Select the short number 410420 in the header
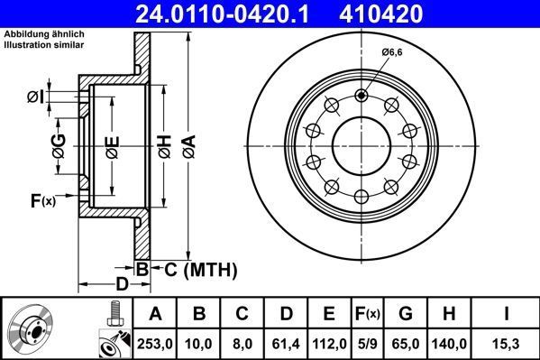coord(405,14)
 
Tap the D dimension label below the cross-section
coord(122,283)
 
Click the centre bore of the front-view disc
coord(361,145)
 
